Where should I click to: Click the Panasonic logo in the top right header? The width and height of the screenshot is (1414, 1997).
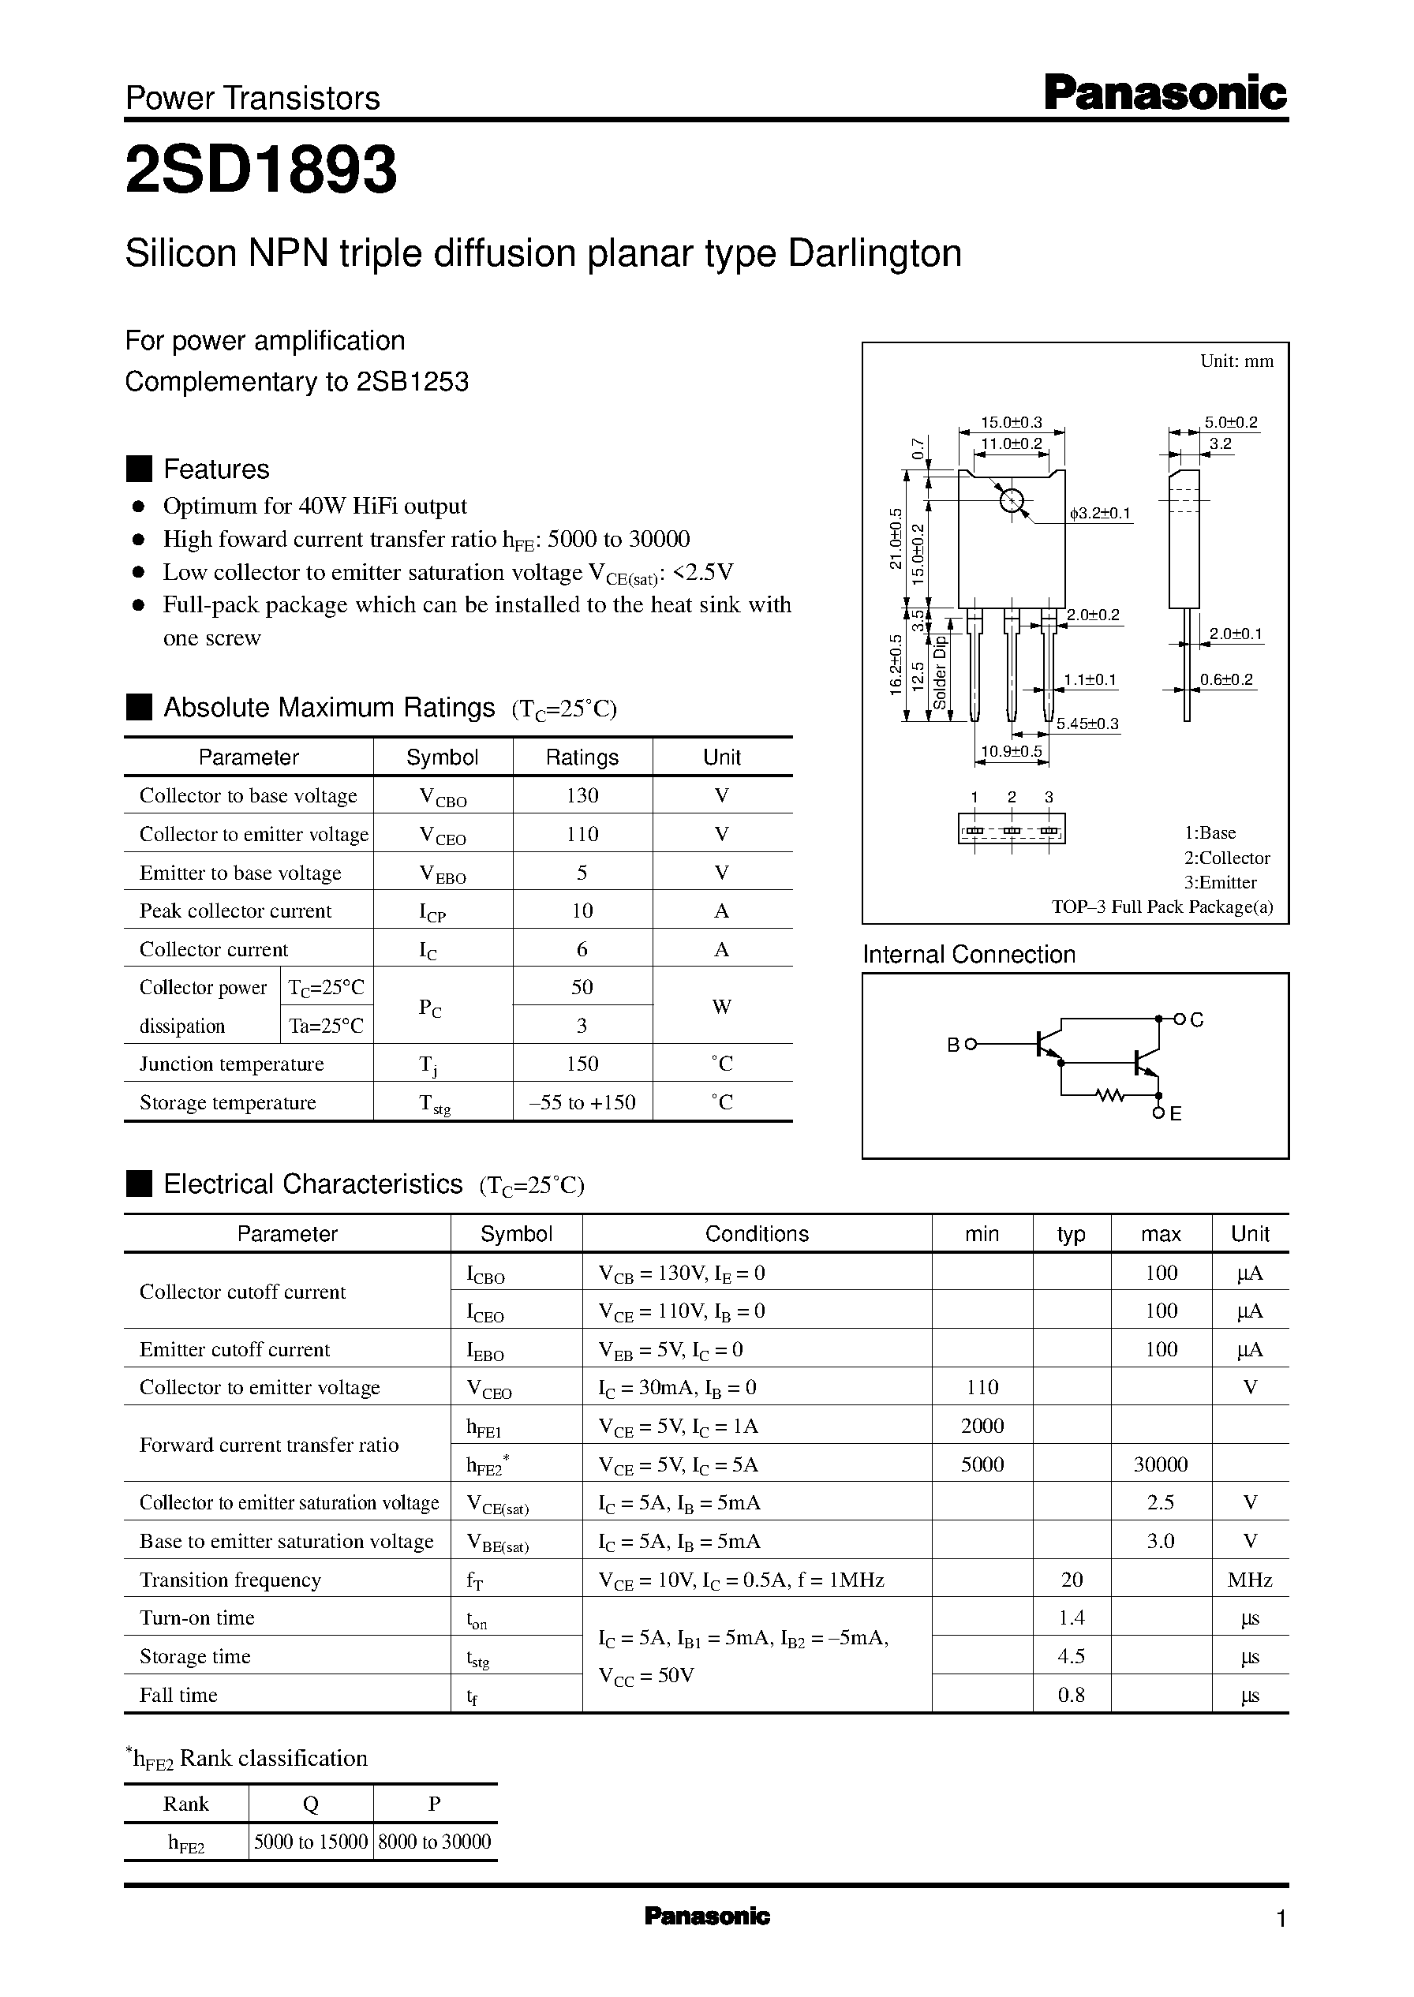tap(1164, 93)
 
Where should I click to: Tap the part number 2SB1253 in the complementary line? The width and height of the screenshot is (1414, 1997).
tap(412, 381)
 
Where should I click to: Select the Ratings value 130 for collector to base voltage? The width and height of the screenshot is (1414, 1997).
tap(582, 795)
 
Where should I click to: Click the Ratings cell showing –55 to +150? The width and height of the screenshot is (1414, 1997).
tap(582, 1102)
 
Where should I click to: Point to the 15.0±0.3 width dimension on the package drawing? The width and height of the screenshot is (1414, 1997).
tap(1011, 422)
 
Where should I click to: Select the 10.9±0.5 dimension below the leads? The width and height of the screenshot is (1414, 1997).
tap(1011, 750)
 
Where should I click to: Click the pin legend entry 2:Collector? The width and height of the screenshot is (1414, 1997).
tap(1226, 858)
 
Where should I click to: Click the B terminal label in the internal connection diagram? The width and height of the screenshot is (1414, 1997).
tap(952, 1044)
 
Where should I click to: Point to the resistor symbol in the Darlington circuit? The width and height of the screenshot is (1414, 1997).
tap(1109, 1095)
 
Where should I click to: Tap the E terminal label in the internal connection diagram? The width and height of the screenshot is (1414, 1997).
tap(1176, 1114)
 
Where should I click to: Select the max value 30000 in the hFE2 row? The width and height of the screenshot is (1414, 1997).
tap(1160, 1464)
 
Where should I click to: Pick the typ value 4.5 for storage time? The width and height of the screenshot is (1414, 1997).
tap(1071, 1656)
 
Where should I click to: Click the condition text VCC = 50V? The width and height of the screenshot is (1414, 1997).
tap(646, 1676)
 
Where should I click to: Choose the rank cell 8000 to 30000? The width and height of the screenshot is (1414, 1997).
tap(435, 1842)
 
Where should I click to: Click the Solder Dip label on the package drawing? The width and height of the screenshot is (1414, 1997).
tap(940, 672)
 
